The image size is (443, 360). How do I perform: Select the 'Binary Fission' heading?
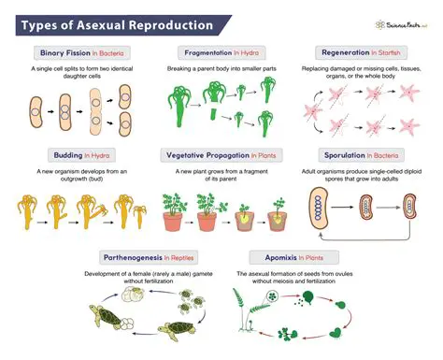[x=61, y=52]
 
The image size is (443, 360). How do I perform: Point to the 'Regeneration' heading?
[x=346, y=52]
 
